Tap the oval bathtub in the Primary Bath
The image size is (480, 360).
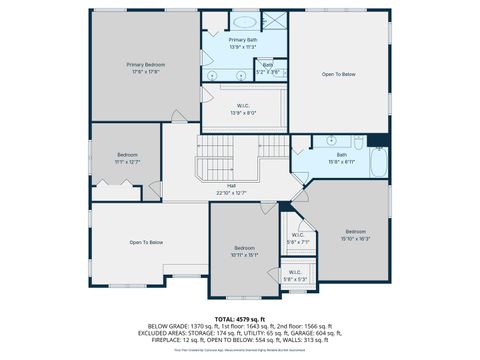[244, 21]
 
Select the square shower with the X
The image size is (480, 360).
[273, 22]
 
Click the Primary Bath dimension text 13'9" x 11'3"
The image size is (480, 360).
[244, 46]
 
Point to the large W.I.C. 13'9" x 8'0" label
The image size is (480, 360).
[244, 110]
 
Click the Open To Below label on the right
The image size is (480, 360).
[337, 75]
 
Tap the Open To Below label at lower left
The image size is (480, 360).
[146, 242]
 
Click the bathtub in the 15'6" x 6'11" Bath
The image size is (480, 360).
[378, 161]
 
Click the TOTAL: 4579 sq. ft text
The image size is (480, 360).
[239, 319]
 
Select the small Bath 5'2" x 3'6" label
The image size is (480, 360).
[268, 67]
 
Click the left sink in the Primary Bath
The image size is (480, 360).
[213, 76]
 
